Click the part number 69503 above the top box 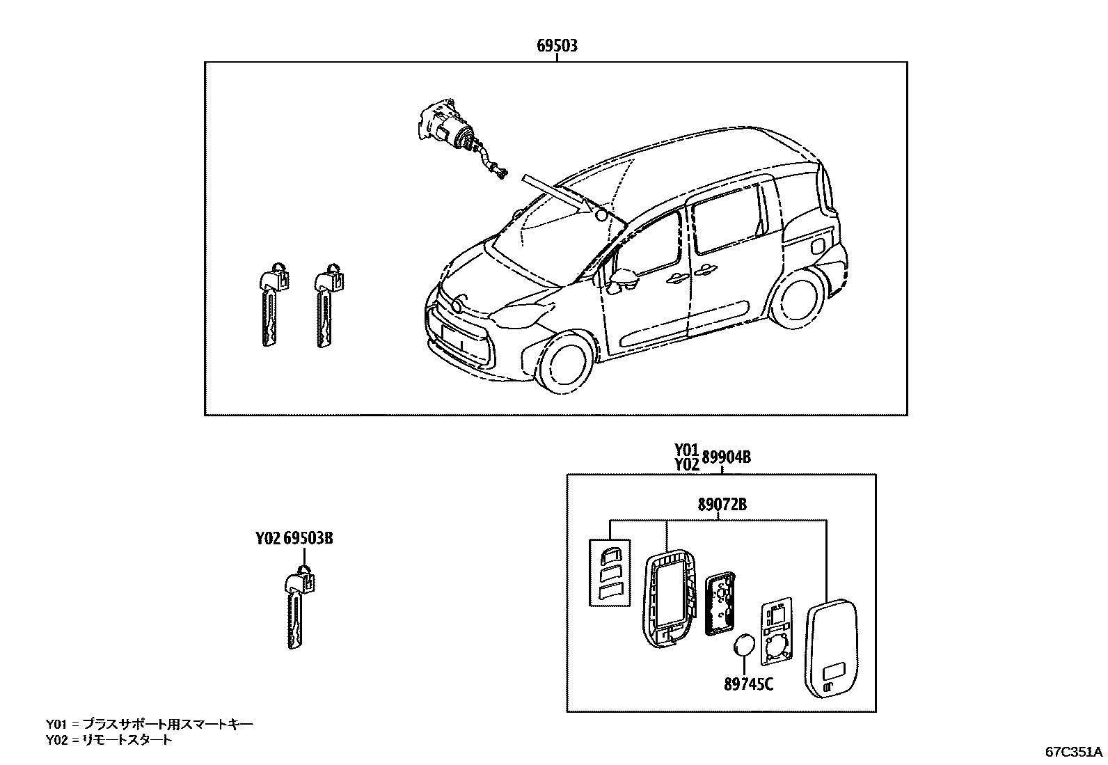pos(557,46)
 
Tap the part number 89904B pos(726,457)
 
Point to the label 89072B pos(722,505)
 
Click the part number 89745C pos(748,684)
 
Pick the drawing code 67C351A pos(1073,752)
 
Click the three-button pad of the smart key pos(610,571)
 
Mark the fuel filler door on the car pos(818,246)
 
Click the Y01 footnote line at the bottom pos(150,725)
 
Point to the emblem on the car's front pos(457,306)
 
